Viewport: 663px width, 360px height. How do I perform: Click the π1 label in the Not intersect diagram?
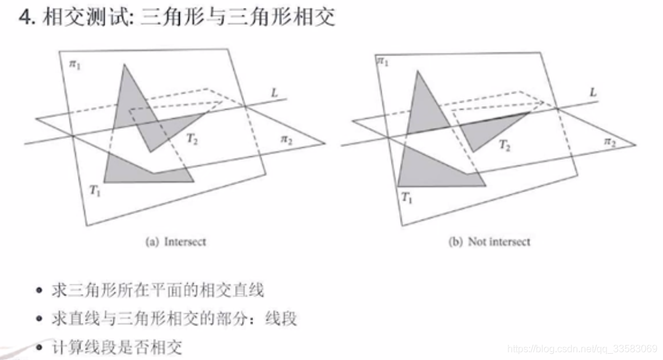tap(382, 61)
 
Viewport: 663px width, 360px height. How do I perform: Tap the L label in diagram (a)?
tap(275, 92)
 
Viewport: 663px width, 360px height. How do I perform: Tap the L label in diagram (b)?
tap(593, 92)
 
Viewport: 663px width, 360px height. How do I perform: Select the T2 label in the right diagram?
tap(505, 145)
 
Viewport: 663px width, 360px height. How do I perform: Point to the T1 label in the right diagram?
tap(406, 197)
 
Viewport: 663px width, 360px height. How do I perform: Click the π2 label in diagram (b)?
tap(609, 142)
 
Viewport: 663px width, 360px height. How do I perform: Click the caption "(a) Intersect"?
tap(175, 242)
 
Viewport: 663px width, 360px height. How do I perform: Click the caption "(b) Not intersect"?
tap(489, 242)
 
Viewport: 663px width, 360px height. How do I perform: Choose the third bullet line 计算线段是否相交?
tap(117, 348)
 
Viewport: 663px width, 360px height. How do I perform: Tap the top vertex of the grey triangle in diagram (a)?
tap(124, 64)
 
